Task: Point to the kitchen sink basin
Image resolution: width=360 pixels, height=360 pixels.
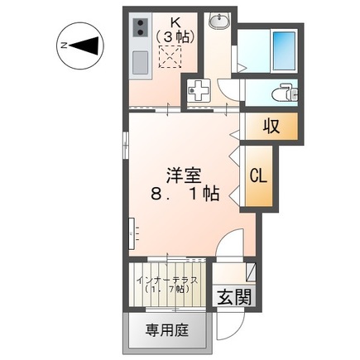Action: (139, 60)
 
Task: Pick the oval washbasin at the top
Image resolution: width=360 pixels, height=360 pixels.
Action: (218, 22)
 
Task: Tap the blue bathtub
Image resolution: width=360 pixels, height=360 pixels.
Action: (283, 49)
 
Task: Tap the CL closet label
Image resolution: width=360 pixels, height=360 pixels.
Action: (259, 175)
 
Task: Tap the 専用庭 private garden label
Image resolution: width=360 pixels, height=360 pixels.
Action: (167, 330)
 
